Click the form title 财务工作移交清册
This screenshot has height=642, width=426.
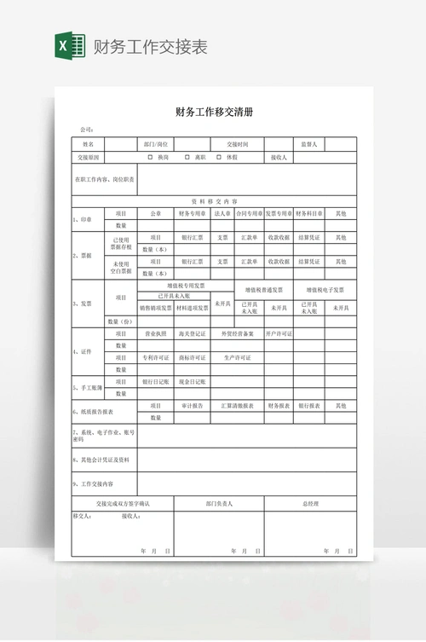pyautogui.click(x=213, y=112)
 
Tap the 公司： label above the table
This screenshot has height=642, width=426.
pyautogui.click(x=86, y=130)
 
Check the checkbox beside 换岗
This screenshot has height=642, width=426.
pyautogui.click(x=150, y=158)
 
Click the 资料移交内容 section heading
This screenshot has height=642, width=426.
pyautogui.click(x=213, y=201)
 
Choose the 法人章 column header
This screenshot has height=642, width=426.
pyautogui.click(x=222, y=213)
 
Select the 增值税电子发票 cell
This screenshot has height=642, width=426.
pyautogui.click(x=325, y=290)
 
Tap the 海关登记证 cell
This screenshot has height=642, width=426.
pyautogui.click(x=193, y=333)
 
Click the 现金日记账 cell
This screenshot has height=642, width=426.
pyautogui.click(x=193, y=382)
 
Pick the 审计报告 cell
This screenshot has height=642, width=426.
pyautogui.click(x=193, y=406)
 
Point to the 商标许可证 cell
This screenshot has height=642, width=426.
pyautogui.click(x=193, y=357)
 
